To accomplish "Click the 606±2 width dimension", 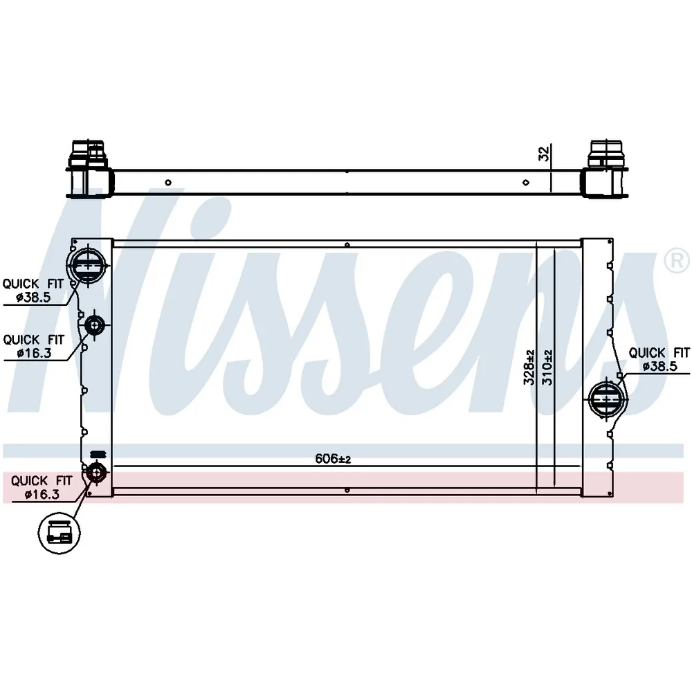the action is pos(333,459).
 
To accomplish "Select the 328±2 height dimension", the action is pos(529,367).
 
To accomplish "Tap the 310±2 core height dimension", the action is pos(547,367).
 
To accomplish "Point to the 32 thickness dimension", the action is pos(545,153).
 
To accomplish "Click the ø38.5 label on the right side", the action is pos(659,366).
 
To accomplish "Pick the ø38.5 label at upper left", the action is pos(33,298).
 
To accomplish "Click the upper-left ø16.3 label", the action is pos(34,353).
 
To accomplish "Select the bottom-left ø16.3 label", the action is pos(42,494).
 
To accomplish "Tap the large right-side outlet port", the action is pos(608,399).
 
